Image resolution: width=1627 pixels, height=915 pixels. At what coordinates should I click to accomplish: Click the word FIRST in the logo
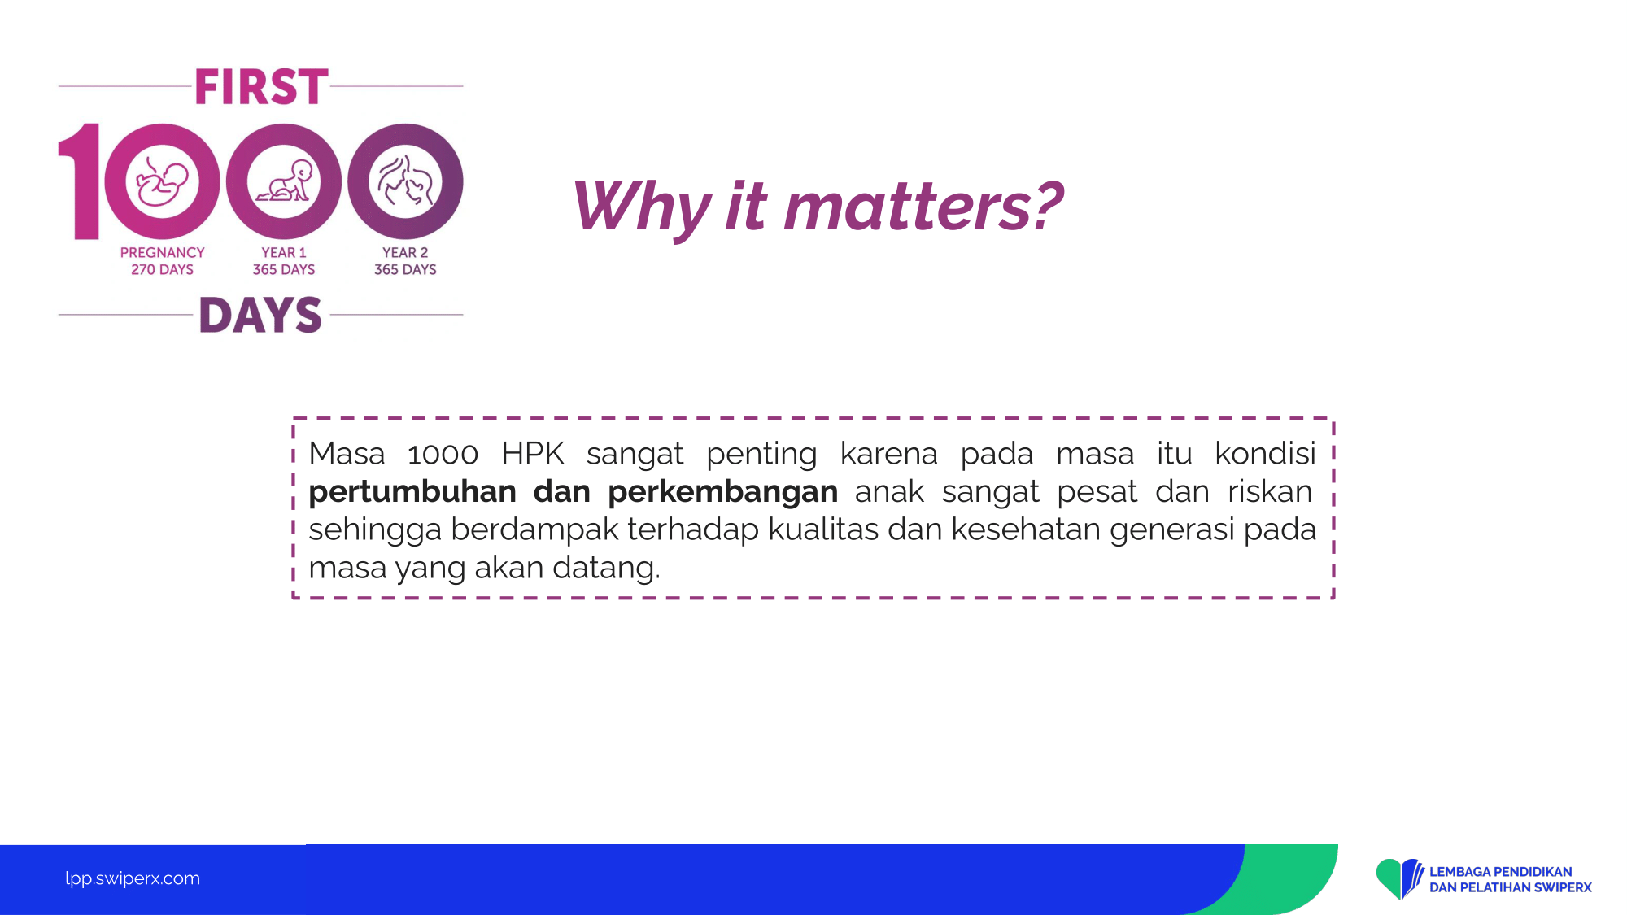tap(261, 87)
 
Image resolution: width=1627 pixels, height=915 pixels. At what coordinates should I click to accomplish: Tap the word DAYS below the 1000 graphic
tap(260, 315)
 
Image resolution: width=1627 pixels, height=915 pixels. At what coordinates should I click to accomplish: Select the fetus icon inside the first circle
tap(162, 181)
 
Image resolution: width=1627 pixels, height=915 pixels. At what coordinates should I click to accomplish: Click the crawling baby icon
tap(284, 181)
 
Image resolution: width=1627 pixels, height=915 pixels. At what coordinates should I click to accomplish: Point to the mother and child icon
tap(405, 181)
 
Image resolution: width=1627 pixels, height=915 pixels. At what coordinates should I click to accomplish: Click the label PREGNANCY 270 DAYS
tap(162, 261)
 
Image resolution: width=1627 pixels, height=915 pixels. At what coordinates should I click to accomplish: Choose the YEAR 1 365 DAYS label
tap(284, 261)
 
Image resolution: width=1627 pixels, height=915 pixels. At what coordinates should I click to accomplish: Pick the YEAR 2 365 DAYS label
tap(405, 261)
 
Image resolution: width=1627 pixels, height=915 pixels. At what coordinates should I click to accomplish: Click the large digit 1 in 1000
tap(80, 181)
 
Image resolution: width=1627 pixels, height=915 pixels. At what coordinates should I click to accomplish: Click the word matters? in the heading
tap(923, 207)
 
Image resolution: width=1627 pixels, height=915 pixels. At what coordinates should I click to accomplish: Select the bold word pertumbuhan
tap(412, 492)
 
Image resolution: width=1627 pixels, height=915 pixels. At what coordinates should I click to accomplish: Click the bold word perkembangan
tap(722, 492)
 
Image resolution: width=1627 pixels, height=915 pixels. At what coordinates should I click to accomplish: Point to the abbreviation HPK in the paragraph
tap(533, 454)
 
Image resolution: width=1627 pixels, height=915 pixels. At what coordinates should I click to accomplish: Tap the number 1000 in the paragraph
tap(443, 454)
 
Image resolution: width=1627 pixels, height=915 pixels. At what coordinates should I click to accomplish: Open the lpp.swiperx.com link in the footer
tap(133, 878)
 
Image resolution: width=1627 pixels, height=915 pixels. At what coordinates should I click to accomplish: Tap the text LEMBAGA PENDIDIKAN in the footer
tap(1500, 872)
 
